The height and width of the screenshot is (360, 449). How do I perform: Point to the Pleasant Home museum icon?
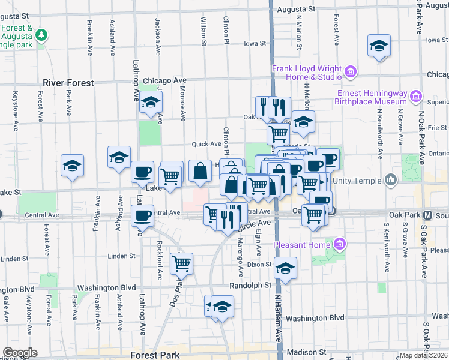click(x=340, y=244)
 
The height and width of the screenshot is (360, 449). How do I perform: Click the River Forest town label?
click(x=68, y=83)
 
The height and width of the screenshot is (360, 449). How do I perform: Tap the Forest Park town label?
click(x=154, y=355)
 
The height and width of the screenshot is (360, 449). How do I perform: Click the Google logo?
click(x=20, y=353)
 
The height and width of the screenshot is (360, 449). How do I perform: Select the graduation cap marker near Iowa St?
click(x=379, y=46)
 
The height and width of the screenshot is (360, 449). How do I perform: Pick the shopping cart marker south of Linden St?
click(x=181, y=262)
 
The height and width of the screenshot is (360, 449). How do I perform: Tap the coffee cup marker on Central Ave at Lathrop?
click(x=142, y=215)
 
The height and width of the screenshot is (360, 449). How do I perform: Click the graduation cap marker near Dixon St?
click(x=286, y=268)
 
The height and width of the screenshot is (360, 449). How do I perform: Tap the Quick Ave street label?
click(x=206, y=144)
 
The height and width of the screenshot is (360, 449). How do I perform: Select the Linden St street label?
click(x=122, y=256)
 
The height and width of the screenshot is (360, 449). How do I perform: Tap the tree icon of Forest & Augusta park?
click(x=41, y=35)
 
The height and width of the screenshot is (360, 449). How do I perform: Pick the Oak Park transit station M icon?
click(x=429, y=215)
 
